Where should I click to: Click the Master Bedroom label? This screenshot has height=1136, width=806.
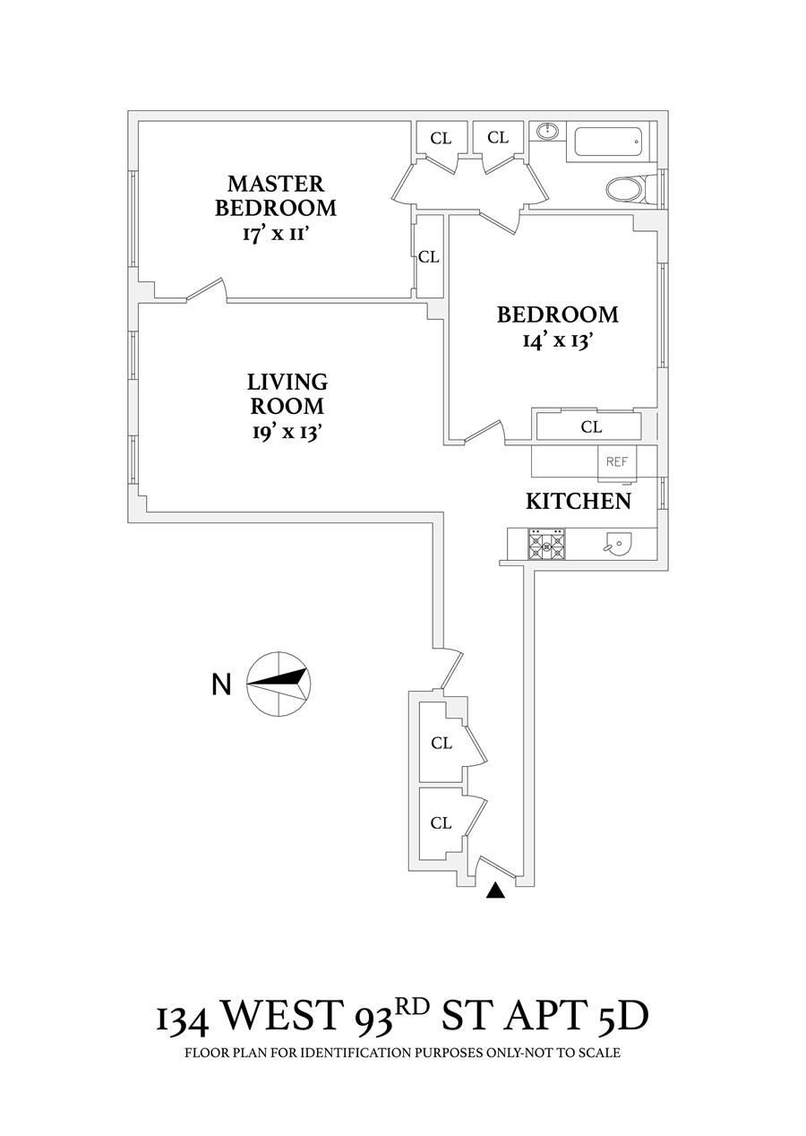(276, 196)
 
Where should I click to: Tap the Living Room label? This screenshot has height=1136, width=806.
(287, 393)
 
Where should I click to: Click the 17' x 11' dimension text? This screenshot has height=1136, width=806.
(276, 235)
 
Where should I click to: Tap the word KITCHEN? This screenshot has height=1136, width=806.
(578, 501)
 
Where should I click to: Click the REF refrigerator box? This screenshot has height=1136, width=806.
(616, 461)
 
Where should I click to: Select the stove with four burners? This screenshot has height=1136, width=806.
(547, 544)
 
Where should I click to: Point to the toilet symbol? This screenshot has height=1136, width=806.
(626, 189)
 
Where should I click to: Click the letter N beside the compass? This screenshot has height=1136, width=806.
(221, 684)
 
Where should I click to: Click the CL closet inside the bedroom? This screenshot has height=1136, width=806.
(591, 426)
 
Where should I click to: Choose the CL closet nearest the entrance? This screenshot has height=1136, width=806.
(441, 822)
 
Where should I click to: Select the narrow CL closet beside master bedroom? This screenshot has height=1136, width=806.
(429, 256)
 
